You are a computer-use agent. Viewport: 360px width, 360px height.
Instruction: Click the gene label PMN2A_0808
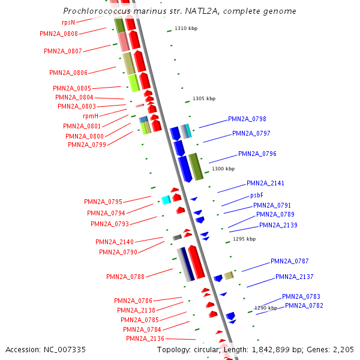click(59, 34)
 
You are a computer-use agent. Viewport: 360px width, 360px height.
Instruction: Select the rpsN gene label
click(68, 22)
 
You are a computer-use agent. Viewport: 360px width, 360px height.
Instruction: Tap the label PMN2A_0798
click(247, 119)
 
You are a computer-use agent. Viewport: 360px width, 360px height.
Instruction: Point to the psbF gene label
click(257, 195)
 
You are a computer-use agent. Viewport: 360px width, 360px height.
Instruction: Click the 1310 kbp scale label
click(185, 29)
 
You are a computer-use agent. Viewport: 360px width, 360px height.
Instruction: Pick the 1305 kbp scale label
click(203, 99)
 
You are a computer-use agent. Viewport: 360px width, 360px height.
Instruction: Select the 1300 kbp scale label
click(223, 169)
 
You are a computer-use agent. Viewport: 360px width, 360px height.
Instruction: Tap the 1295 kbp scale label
click(244, 239)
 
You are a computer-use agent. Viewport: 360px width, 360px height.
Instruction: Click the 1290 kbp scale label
click(266, 308)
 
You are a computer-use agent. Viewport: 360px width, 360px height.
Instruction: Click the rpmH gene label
click(91, 116)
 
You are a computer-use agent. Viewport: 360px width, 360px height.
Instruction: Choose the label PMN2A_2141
click(265, 183)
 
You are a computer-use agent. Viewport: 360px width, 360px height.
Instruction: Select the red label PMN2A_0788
click(125, 277)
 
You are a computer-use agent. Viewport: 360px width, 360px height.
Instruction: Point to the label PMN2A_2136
click(145, 338)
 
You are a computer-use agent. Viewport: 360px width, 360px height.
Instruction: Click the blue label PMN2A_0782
click(304, 305)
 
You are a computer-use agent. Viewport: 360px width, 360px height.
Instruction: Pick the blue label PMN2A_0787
click(290, 261)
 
